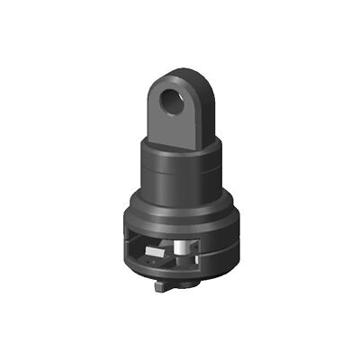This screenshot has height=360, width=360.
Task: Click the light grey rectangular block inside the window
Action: tap(155, 257)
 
